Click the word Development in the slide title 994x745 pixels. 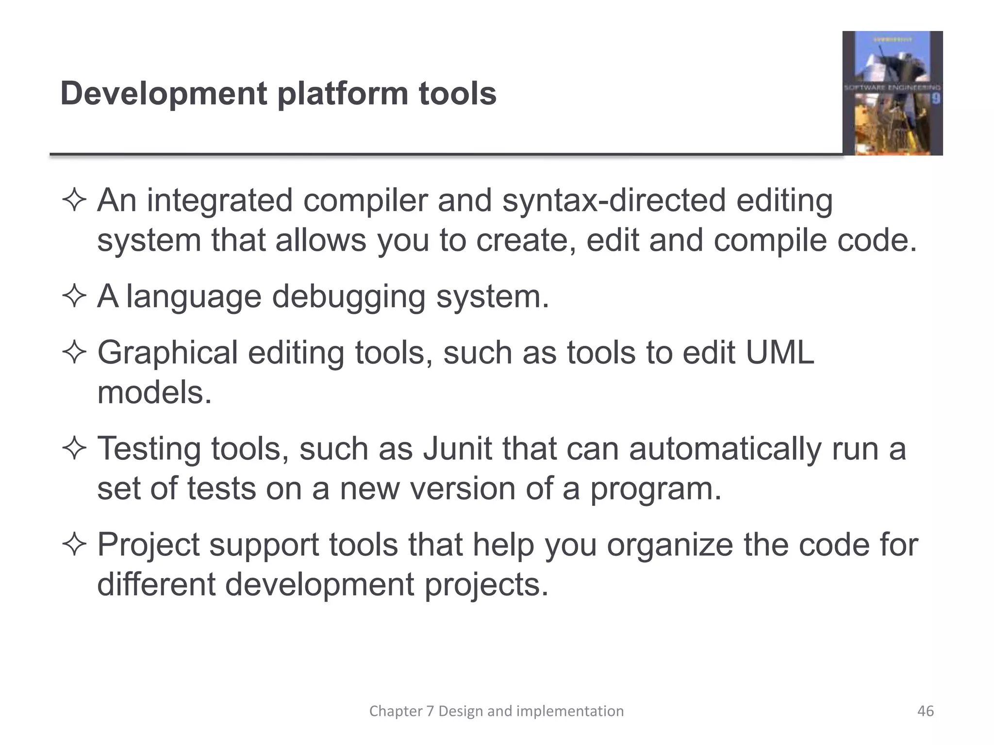pos(164,94)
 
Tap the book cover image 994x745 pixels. pos(892,93)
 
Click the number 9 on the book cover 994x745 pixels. pos(936,99)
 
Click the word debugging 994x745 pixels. pos(348,296)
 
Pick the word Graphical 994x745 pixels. pos(167,353)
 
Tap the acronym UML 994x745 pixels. pos(779,353)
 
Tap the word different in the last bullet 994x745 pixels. pos(156,584)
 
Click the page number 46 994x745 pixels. pos(926,711)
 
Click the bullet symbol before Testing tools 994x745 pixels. pos(74,449)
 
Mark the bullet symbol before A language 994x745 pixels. pos(74,296)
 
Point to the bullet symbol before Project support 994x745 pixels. pos(74,545)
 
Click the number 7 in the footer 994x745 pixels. pos(430,711)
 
